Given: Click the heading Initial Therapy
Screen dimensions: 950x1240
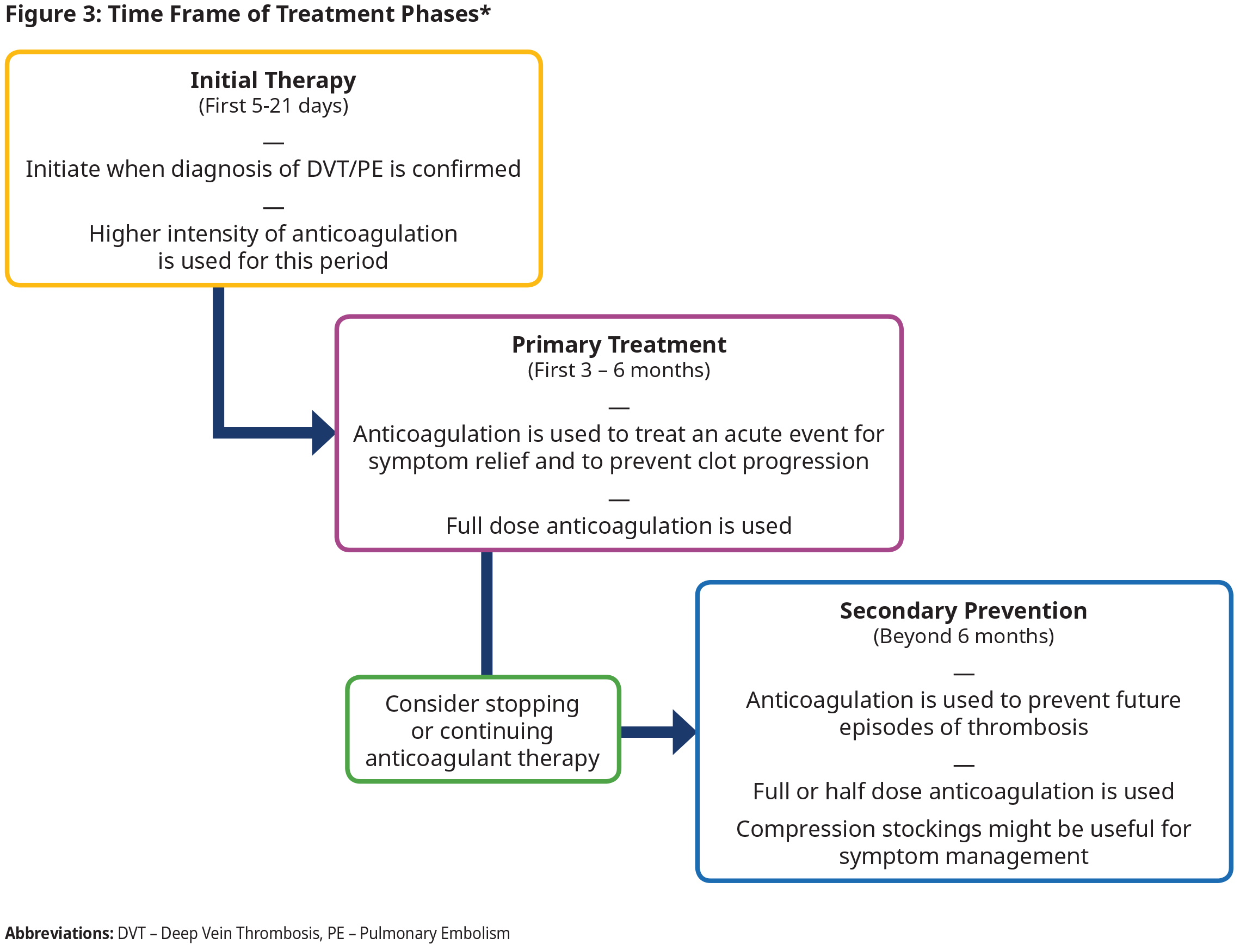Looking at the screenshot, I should point(273,81).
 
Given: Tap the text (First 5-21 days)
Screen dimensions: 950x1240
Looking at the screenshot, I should point(273,106).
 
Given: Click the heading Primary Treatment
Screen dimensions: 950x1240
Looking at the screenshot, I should point(619,344).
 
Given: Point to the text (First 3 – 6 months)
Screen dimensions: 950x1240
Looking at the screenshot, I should point(619,370).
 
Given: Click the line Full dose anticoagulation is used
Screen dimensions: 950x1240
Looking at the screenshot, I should point(619,526).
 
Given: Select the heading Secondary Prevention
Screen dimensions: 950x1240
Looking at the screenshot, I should point(963,610).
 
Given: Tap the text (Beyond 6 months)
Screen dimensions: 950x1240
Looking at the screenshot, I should point(963,636).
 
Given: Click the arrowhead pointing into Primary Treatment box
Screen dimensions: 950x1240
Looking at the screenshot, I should point(323,433).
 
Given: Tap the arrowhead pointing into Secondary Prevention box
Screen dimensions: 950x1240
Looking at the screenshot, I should point(683,732).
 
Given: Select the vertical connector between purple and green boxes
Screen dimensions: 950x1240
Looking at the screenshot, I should point(486,614).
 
